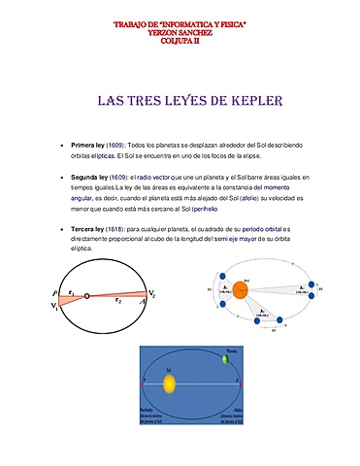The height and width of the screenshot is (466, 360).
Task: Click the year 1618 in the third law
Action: pyautogui.click(x=120, y=228)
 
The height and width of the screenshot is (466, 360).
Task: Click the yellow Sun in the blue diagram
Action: pyautogui.click(x=167, y=383)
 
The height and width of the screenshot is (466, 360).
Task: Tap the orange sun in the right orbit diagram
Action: pyautogui.click(x=240, y=287)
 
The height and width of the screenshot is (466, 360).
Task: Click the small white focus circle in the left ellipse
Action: pyautogui.click(x=86, y=295)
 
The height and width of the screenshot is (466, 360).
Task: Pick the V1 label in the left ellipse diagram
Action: pyautogui.click(x=54, y=307)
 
